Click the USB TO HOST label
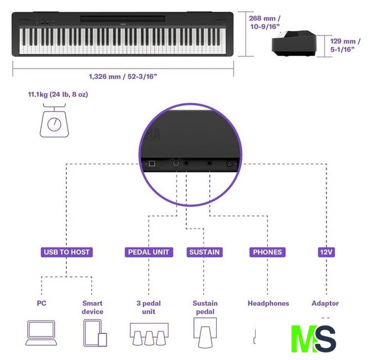click(x=67, y=252)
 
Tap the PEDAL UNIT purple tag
click(x=149, y=252)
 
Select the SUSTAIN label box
click(x=205, y=252)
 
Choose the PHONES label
click(x=267, y=252)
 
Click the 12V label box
click(x=326, y=252)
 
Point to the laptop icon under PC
click(x=41, y=333)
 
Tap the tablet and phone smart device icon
click(x=95, y=333)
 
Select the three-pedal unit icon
click(x=149, y=334)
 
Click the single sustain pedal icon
click(x=205, y=332)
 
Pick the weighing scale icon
click(x=55, y=120)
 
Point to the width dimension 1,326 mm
click(x=123, y=76)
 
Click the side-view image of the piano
click(x=294, y=43)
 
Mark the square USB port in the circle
click(x=152, y=164)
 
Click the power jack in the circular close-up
click(x=229, y=163)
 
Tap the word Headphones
click(x=269, y=303)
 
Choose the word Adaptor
click(x=325, y=304)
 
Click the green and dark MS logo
click(x=314, y=339)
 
